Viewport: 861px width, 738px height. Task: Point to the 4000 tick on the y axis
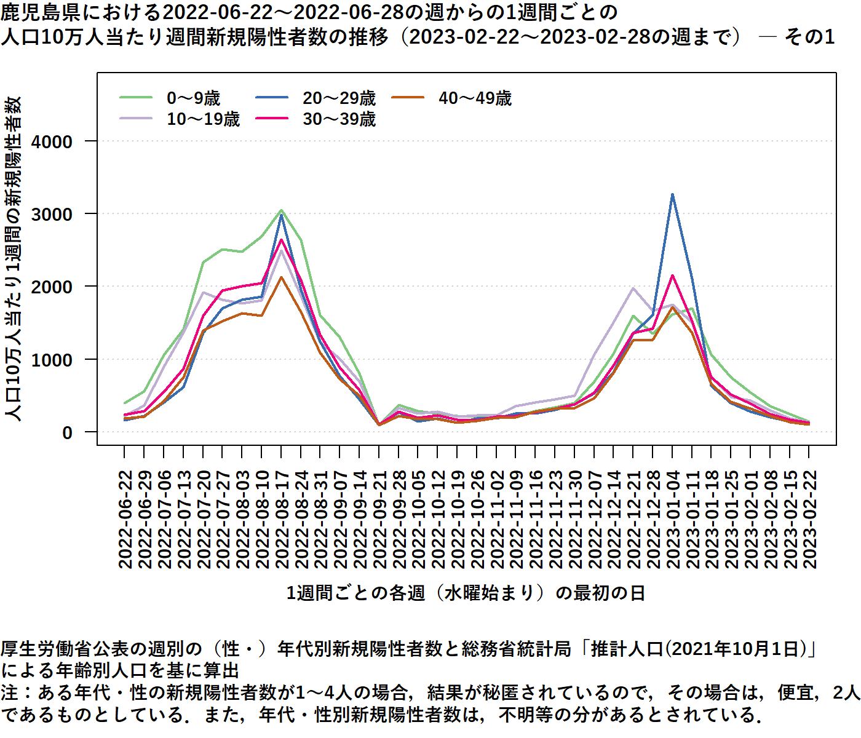[x=52, y=141]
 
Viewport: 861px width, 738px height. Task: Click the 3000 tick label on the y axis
[x=52, y=214]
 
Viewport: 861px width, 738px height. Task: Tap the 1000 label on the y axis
[x=52, y=360]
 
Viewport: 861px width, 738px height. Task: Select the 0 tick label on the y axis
[x=67, y=432]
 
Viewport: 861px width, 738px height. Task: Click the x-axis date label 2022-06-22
[x=125, y=520]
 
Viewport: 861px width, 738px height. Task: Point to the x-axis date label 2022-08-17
[x=282, y=520]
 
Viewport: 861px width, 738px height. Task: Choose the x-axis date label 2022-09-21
[x=379, y=520]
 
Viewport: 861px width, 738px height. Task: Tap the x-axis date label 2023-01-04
[x=673, y=520]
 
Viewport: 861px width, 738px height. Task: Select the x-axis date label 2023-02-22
[x=810, y=520]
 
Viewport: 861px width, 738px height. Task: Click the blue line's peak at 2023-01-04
[x=673, y=194]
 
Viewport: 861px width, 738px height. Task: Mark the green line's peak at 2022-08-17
[x=281, y=210]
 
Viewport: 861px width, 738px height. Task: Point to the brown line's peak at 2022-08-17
[x=281, y=277]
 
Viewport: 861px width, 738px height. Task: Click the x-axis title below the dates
[x=466, y=593]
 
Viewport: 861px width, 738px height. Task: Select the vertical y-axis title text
[x=14, y=258]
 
